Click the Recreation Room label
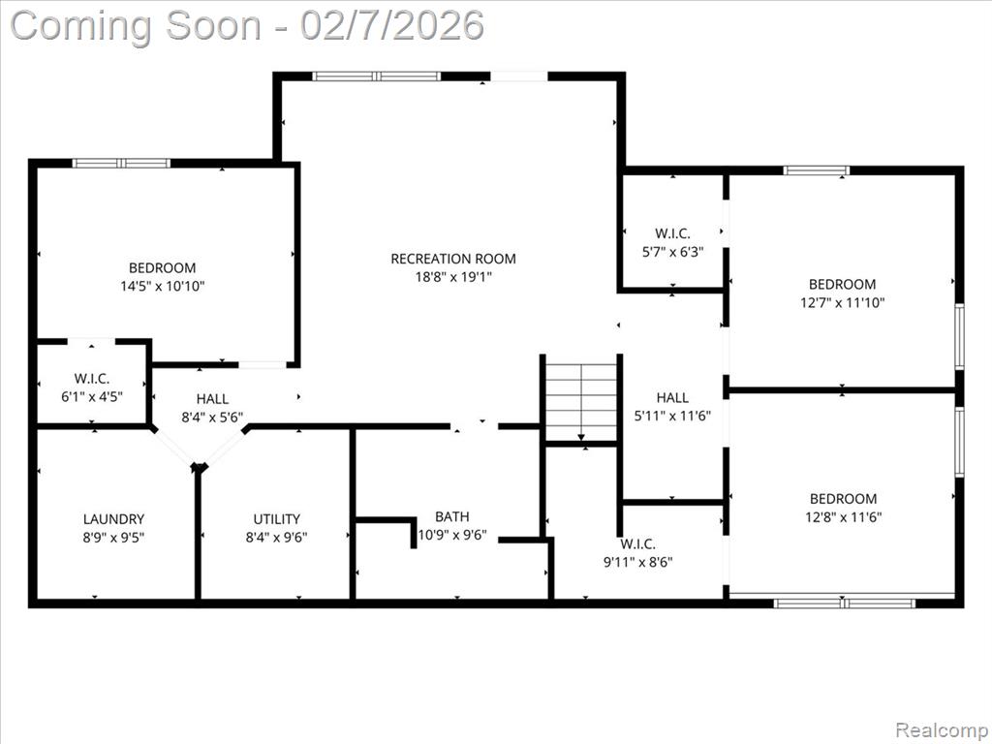click(453, 259)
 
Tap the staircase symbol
click(581, 402)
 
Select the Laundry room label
click(114, 519)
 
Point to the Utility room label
click(276, 519)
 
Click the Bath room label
click(452, 517)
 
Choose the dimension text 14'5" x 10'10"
click(163, 286)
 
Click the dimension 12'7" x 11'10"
click(842, 302)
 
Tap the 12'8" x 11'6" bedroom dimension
click(844, 517)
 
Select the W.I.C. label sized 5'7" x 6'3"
click(672, 233)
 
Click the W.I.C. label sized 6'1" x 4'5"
click(92, 379)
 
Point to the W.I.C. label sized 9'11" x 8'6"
click(637, 544)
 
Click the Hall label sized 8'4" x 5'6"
click(212, 399)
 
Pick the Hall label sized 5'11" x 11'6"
click(672, 398)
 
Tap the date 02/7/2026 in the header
click(392, 26)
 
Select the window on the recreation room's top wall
click(377, 77)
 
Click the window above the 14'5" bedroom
click(121, 163)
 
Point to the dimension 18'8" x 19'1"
click(453, 277)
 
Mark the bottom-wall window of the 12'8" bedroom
click(845, 604)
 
